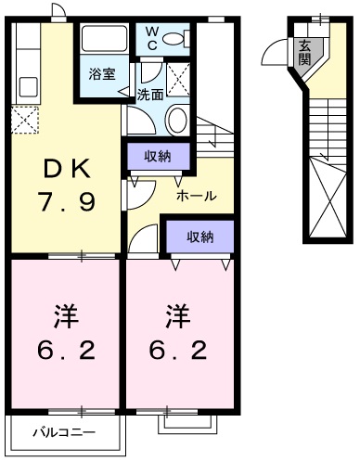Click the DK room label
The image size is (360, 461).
point(64,169)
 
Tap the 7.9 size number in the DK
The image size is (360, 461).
point(66,201)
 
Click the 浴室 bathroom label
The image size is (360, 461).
point(102,74)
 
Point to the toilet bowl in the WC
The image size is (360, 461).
point(182,39)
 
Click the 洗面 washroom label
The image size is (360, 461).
point(150,94)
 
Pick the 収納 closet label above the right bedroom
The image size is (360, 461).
point(199,237)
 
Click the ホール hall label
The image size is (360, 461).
point(197,196)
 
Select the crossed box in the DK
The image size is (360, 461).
point(25,120)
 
